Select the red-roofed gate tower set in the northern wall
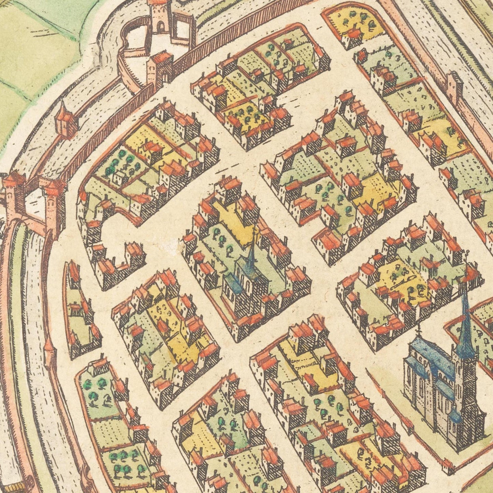coord(160,68)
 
